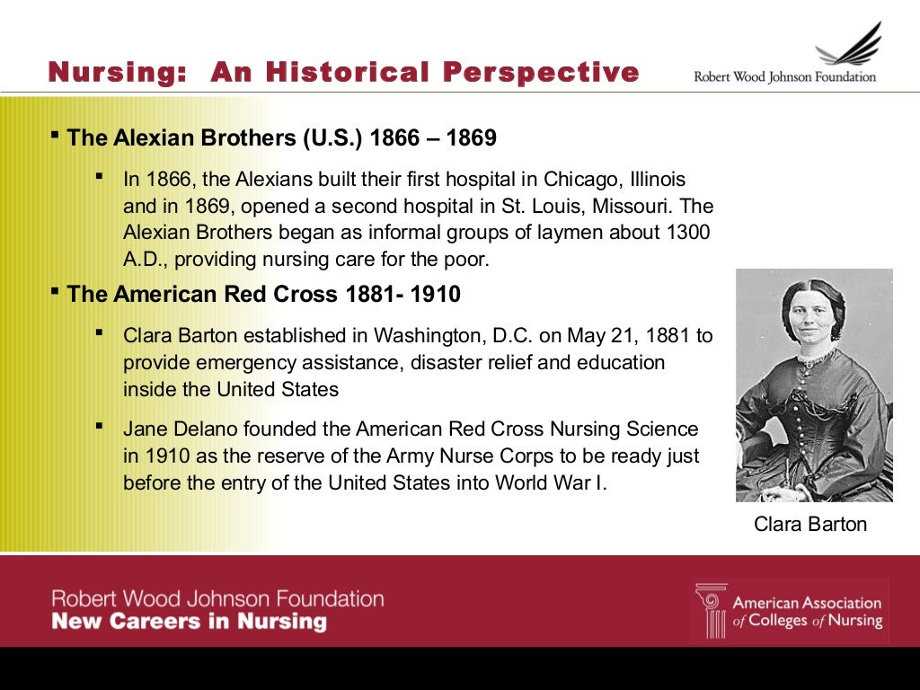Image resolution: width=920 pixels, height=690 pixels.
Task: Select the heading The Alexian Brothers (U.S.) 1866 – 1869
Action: (x=281, y=138)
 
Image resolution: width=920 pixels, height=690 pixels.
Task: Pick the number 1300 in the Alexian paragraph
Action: (x=688, y=233)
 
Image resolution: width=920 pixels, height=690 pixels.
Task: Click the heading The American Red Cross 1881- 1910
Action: (x=263, y=294)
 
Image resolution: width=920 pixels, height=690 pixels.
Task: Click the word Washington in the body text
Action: (x=429, y=336)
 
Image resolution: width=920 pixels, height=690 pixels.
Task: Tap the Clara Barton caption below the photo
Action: (x=810, y=525)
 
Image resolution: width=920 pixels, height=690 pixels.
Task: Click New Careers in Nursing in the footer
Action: (x=189, y=622)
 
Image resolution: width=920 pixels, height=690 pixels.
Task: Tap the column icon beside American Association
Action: (x=711, y=611)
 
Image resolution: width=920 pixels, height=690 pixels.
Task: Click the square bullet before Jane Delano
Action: (x=99, y=426)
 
